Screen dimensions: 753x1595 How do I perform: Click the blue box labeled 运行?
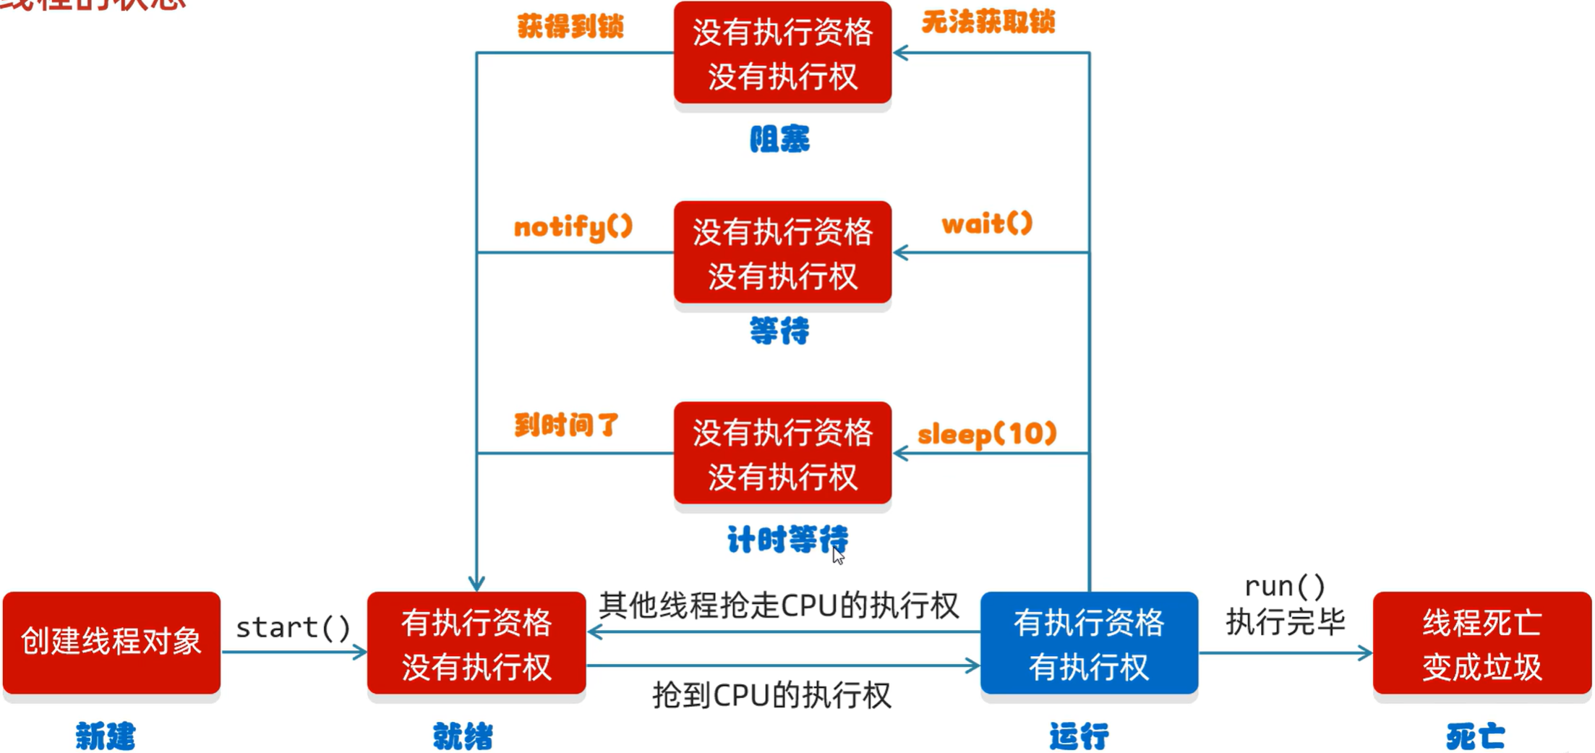[x=1088, y=643]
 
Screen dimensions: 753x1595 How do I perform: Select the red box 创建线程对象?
[x=111, y=642]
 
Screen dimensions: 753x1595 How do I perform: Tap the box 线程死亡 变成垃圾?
[x=1481, y=643]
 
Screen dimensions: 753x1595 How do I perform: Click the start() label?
[x=293, y=627]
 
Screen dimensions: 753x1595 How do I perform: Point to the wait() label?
[x=987, y=224]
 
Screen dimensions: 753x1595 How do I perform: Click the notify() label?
[x=573, y=227]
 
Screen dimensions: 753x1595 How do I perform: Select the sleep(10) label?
[x=987, y=434]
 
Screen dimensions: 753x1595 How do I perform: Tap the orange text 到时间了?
[x=566, y=425]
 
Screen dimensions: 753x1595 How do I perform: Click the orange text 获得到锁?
[x=570, y=27]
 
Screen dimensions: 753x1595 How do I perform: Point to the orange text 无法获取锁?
[x=988, y=22]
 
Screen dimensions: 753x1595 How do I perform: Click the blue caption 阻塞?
[x=779, y=139]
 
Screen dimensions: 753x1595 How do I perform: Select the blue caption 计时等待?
[x=787, y=540]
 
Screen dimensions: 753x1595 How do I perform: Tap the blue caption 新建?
[x=106, y=736]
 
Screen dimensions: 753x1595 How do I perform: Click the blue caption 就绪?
[x=463, y=736]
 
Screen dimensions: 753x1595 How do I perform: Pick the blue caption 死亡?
[x=1475, y=736]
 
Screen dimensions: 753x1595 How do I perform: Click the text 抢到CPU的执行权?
[x=771, y=696]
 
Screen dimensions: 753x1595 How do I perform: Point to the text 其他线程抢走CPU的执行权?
[x=779, y=605]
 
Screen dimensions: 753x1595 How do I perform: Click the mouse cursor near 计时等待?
[x=837, y=555]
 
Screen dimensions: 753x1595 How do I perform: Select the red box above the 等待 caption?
[x=782, y=252]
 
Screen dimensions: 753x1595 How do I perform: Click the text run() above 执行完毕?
[x=1285, y=586]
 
